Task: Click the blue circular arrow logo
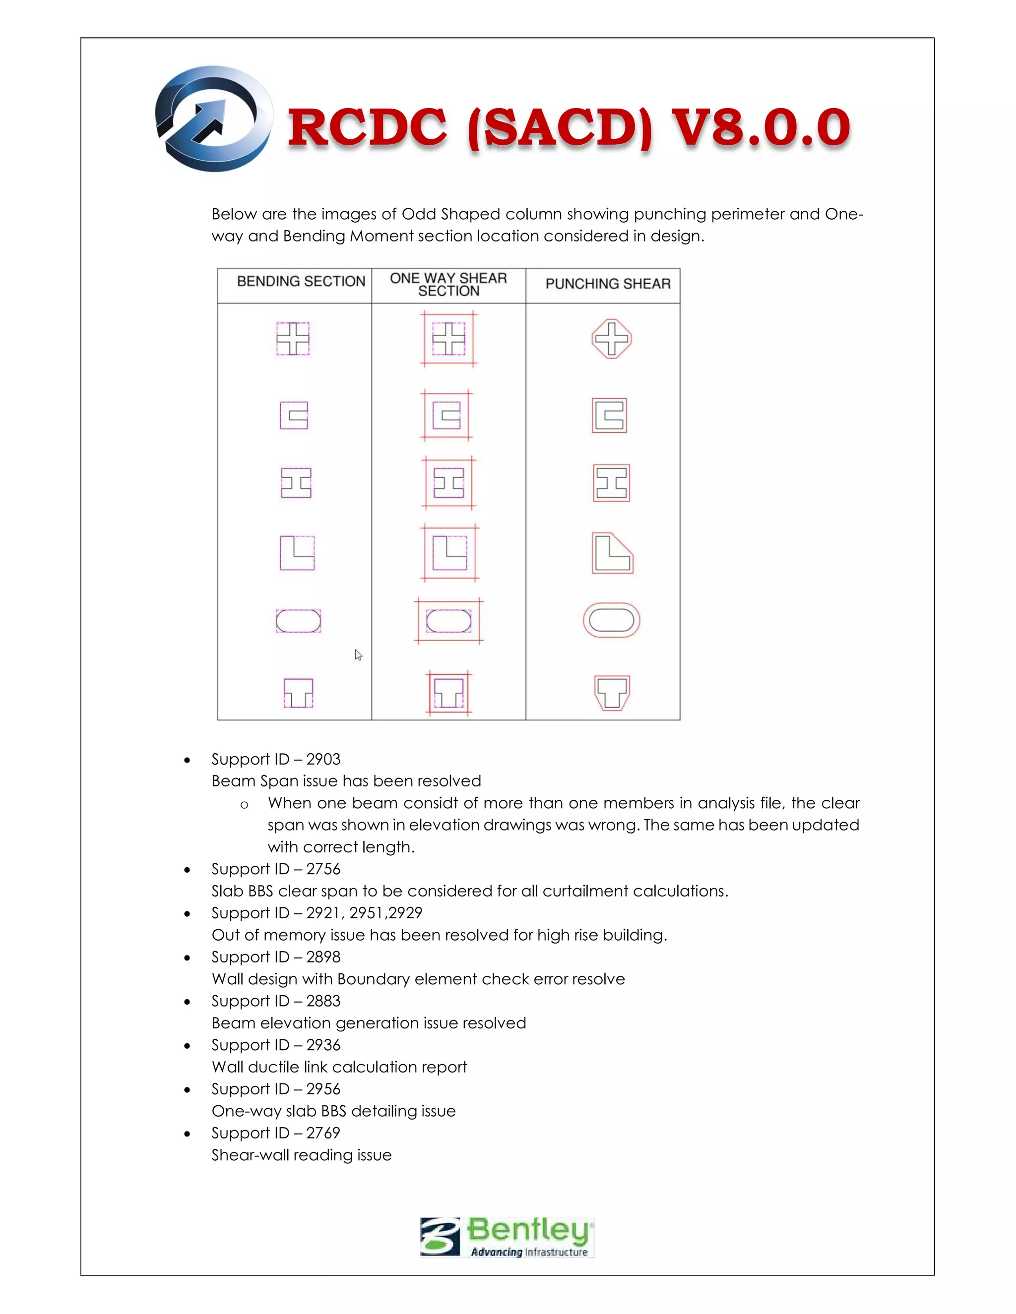214,119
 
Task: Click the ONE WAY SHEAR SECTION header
448,285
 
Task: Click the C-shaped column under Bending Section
294,415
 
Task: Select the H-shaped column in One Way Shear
448,483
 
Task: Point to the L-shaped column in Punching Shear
612,553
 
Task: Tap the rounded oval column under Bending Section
298,621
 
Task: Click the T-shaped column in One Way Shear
449,693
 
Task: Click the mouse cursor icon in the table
358,655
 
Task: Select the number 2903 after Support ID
323,759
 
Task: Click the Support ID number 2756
323,869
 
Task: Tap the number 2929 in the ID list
406,913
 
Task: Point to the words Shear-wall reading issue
301,1155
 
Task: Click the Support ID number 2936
323,1045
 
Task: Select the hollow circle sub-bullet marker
244,805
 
